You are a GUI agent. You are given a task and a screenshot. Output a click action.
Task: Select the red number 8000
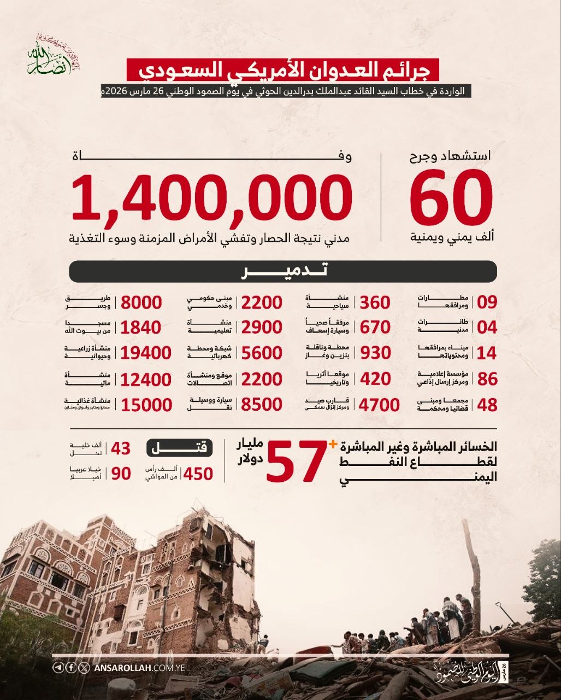pyautogui.click(x=141, y=302)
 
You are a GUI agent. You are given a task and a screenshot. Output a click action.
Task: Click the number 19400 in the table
pyautogui.click(x=146, y=353)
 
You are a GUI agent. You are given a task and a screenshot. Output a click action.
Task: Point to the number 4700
pyautogui.click(x=379, y=405)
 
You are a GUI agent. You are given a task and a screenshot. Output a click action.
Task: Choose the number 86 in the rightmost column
pyautogui.click(x=487, y=379)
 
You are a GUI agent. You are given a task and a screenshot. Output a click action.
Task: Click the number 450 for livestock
pyautogui.click(x=198, y=474)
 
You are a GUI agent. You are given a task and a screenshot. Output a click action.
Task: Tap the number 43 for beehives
pyautogui.click(x=121, y=448)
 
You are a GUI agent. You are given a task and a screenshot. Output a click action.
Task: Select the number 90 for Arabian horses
pyautogui.click(x=121, y=474)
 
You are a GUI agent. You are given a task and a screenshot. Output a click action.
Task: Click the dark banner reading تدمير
pyautogui.click(x=283, y=271)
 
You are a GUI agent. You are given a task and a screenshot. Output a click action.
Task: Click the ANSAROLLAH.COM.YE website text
pyautogui.click(x=140, y=668)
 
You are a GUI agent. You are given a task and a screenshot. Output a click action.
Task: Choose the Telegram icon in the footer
pyautogui.click(x=58, y=668)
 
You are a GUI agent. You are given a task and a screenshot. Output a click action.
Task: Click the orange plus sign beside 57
pyautogui.click(x=332, y=445)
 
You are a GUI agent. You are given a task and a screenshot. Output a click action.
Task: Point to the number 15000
pyautogui.click(x=146, y=405)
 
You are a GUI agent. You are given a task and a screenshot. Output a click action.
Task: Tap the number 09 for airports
pyautogui.click(x=487, y=302)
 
